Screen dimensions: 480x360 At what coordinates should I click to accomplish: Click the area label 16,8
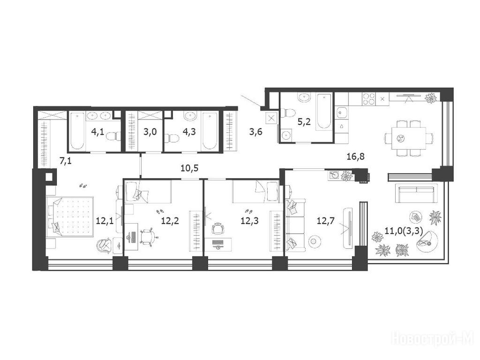[x=355, y=157]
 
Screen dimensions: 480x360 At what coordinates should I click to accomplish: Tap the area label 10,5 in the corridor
[x=189, y=168]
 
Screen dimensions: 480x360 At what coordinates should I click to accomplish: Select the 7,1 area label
[x=66, y=161]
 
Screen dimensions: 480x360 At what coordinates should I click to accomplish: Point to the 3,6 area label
[x=255, y=132]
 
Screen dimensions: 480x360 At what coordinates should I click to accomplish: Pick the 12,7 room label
[x=326, y=220]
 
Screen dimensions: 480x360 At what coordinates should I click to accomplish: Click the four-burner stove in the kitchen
[x=368, y=99]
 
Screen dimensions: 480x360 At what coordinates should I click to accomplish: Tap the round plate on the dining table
[x=400, y=138]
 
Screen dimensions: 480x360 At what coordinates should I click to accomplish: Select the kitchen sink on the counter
[x=341, y=112]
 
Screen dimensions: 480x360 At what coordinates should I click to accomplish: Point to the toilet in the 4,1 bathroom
[x=113, y=136]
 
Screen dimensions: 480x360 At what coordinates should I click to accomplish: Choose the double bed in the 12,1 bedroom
[x=70, y=217]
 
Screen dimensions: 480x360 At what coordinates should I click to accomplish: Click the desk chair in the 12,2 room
[x=149, y=237]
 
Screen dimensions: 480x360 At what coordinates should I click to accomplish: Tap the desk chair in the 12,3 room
[x=218, y=228]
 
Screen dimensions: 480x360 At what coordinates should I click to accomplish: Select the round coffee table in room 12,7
[x=314, y=241]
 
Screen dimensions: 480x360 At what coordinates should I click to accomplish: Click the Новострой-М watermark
[x=433, y=339]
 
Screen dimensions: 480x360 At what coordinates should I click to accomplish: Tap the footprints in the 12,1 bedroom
[x=82, y=186]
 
